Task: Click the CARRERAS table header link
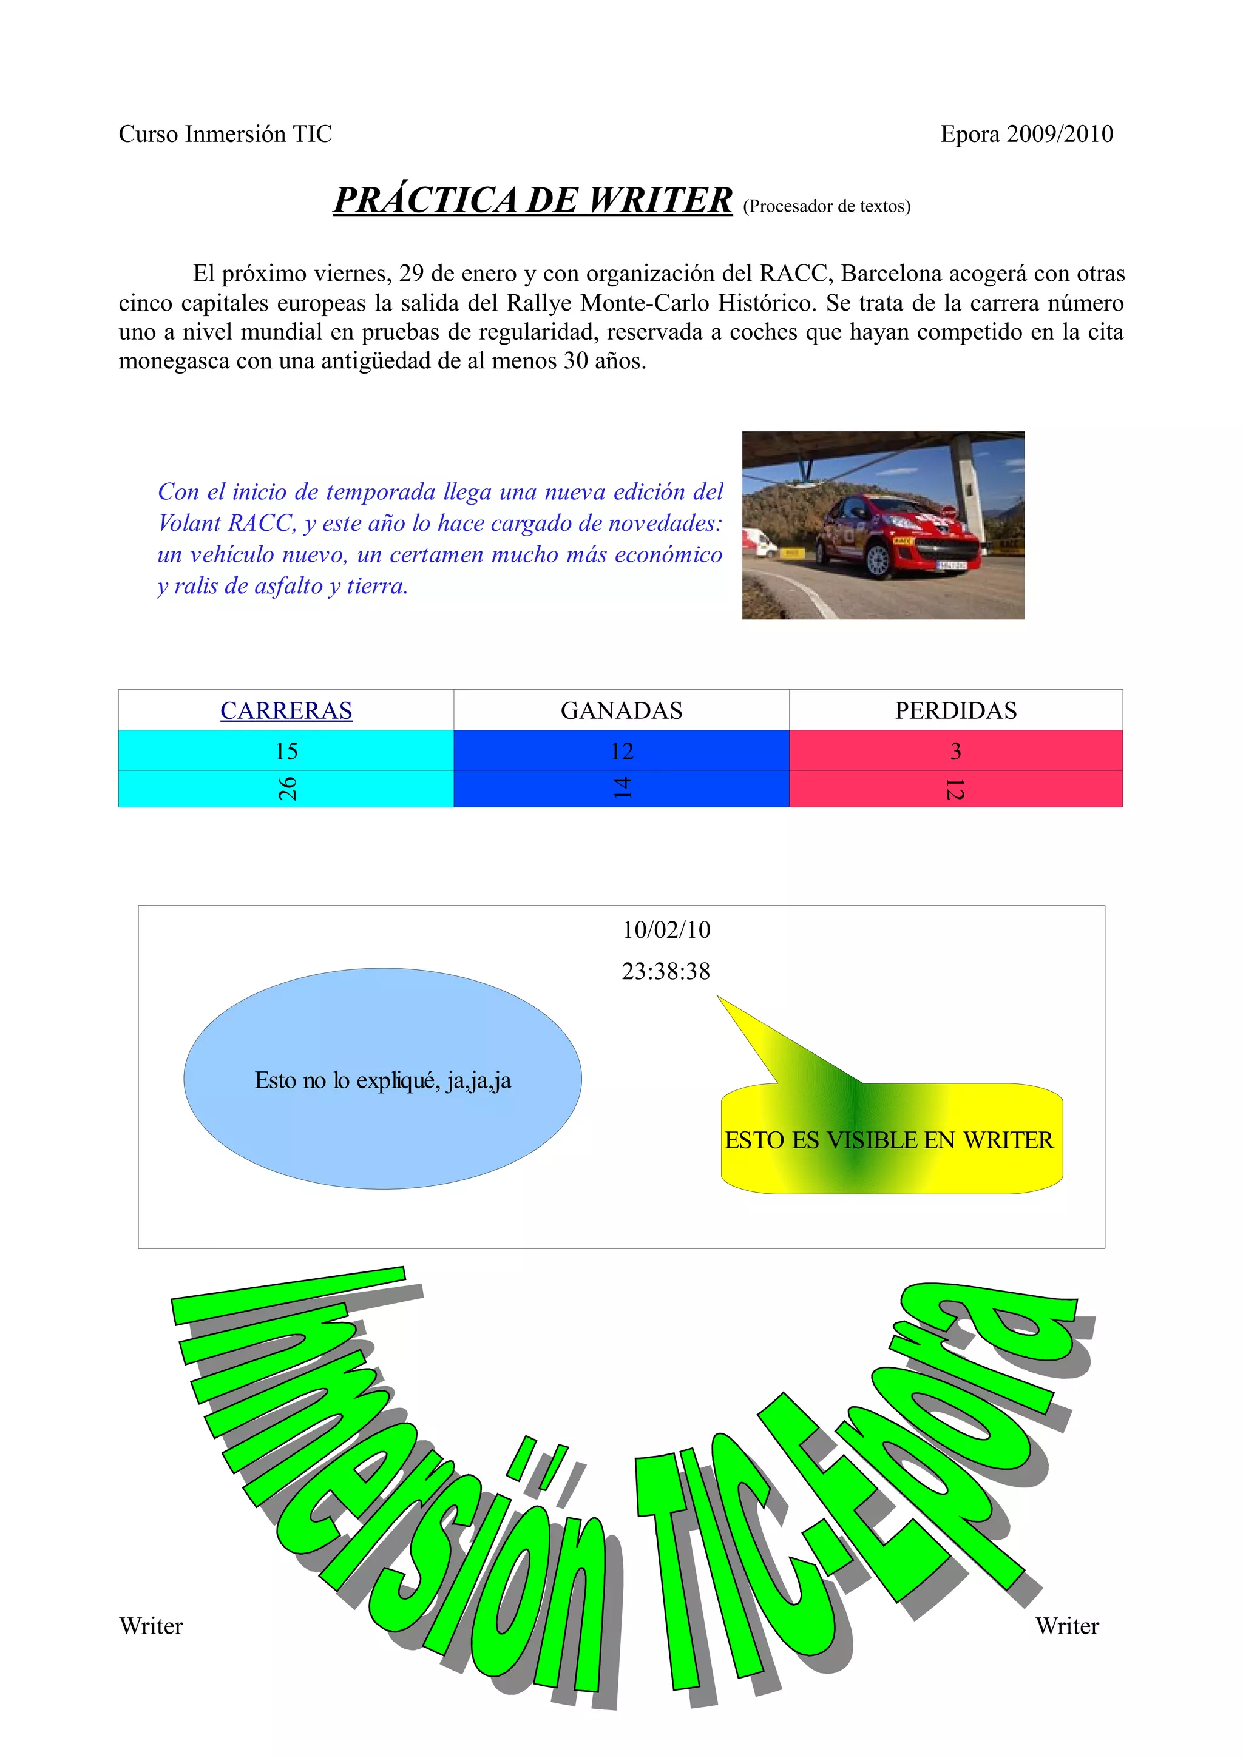coord(286,710)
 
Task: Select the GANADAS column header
coord(621,710)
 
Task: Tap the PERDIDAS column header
coord(956,710)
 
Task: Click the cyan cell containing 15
coord(286,751)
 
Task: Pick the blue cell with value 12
coord(621,751)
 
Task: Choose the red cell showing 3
coord(956,751)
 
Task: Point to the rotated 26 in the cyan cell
coord(286,789)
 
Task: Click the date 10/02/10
coord(666,929)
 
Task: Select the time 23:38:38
coord(666,971)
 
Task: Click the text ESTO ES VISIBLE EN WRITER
coord(889,1140)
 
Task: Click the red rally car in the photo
coord(896,532)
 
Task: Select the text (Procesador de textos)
coord(827,206)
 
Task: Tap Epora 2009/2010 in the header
coord(1026,134)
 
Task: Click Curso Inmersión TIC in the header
coord(225,134)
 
